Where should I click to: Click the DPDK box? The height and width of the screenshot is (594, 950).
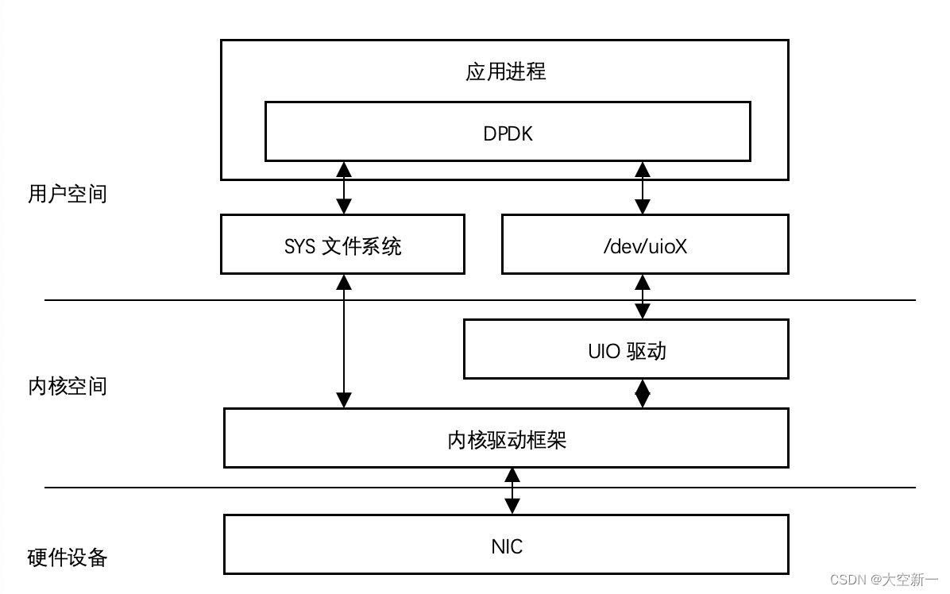(508, 132)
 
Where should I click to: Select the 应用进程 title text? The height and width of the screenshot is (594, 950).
(506, 71)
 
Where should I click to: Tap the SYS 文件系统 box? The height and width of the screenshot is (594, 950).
(342, 245)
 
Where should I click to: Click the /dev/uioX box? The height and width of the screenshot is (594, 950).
(645, 245)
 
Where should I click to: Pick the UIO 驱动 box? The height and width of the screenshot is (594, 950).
(626, 349)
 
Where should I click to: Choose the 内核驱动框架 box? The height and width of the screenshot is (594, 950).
(506, 438)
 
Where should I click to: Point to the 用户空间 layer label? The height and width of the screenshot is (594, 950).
(67, 194)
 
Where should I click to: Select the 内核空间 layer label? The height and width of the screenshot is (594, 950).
(67, 387)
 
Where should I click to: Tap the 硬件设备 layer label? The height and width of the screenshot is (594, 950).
(67, 557)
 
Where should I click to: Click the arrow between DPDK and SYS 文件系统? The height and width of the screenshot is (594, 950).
(344, 187)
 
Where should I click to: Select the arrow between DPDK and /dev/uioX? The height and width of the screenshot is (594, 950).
(643, 187)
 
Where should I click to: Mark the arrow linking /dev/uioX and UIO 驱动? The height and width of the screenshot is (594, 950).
(643, 296)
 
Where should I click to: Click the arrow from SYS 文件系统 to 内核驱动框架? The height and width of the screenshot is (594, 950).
(344, 341)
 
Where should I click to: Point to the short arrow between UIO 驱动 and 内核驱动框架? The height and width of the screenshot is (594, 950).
(643, 393)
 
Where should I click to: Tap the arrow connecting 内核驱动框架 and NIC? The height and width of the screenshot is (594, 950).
(512, 491)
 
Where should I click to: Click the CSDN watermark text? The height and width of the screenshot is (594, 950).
(884, 580)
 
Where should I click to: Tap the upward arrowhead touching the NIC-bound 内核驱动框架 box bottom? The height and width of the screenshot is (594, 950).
(512, 475)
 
